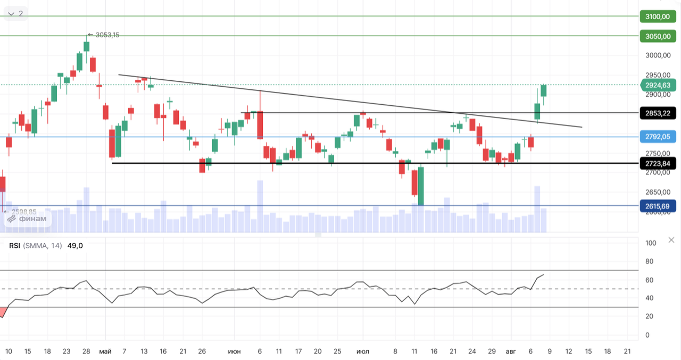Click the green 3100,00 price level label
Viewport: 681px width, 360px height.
click(x=658, y=16)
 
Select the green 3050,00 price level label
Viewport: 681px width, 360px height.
click(x=658, y=37)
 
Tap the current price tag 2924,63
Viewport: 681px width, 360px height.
click(x=658, y=85)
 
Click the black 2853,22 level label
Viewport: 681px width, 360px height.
click(x=658, y=113)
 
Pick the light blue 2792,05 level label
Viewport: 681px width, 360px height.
click(x=658, y=137)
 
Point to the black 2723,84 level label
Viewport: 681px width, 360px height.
click(x=658, y=163)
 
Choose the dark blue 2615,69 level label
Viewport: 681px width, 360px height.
click(x=658, y=206)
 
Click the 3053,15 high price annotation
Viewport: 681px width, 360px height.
click(x=107, y=35)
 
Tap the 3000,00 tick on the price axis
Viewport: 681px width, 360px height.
click(x=658, y=55)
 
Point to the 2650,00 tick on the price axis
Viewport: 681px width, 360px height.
click(x=658, y=192)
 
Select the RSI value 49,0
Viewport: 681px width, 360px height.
click(x=75, y=246)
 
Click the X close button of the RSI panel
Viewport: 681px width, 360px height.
click(x=671, y=240)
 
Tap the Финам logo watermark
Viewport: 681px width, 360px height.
click(x=27, y=219)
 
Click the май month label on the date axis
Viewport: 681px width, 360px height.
click(x=105, y=351)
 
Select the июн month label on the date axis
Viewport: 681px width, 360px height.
click(x=234, y=351)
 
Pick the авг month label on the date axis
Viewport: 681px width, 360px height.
click(x=511, y=351)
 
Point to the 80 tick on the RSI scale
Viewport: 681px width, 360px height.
click(x=650, y=261)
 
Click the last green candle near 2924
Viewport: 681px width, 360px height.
click(x=544, y=90)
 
